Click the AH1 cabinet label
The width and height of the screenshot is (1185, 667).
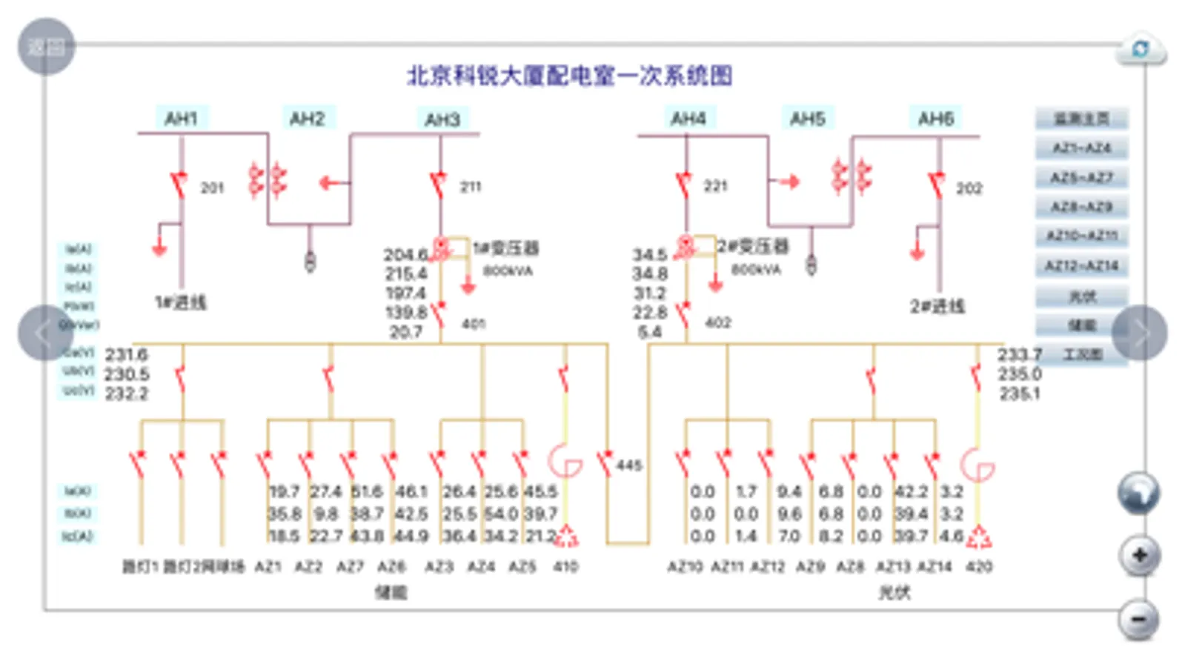pyautogui.click(x=182, y=119)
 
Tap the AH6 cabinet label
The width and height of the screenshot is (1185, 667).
pyautogui.click(x=935, y=119)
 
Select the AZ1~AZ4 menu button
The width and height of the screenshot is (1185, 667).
pyautogui.click(x=1081, y=148)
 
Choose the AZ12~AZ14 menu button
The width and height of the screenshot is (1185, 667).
pyautogui.click(x=1081, y=265)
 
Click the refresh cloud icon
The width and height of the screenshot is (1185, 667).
pyautogui.click(x=1141, y=50)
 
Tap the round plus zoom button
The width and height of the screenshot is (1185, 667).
pyautogui.click(x=1139, y=555)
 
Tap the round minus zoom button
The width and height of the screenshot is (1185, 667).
pyautogui.click(x=1139, y=619)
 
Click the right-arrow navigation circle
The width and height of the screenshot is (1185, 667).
pyautogui.click(x=1140, y=333)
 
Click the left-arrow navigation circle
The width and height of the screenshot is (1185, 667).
pyautogui.click(x=45, y=333)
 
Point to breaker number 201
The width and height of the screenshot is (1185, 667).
pyautogui.click(x=212, y=188)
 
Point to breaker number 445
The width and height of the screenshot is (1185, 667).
pyautogui.click(x=628, y=465)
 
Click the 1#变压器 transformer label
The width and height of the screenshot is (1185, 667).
pyautogui.click(x=506, y=248)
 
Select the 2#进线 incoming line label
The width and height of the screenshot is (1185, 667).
pyautogui.click(x=937, y=306)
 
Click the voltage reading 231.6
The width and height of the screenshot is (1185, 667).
pyautogui.click(x=127, y=354)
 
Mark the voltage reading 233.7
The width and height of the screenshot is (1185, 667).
pyautogui.click(x=1020, y=354)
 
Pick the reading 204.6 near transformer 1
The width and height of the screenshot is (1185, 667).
pyautogui.click(x=405, y=255)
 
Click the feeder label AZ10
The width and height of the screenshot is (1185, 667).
pyautogui.click(x=684, y=567)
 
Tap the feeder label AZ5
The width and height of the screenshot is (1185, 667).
pyautogui.click(x=522, y=567)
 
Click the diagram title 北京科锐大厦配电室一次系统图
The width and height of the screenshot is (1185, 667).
pyautogui.click(x=569, y=76)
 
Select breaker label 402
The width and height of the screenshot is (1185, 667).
pyautogui.click(x=717, y=323)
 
